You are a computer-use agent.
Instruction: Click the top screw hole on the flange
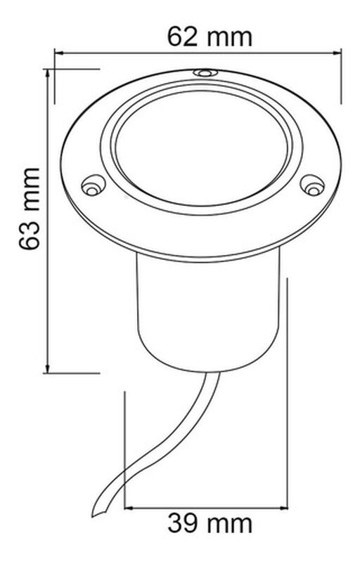(205, 72)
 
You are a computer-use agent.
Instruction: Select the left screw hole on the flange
(91, 187)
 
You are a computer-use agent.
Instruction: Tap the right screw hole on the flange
(312, 185)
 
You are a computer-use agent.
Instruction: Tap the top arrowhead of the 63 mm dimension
(47, 73)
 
